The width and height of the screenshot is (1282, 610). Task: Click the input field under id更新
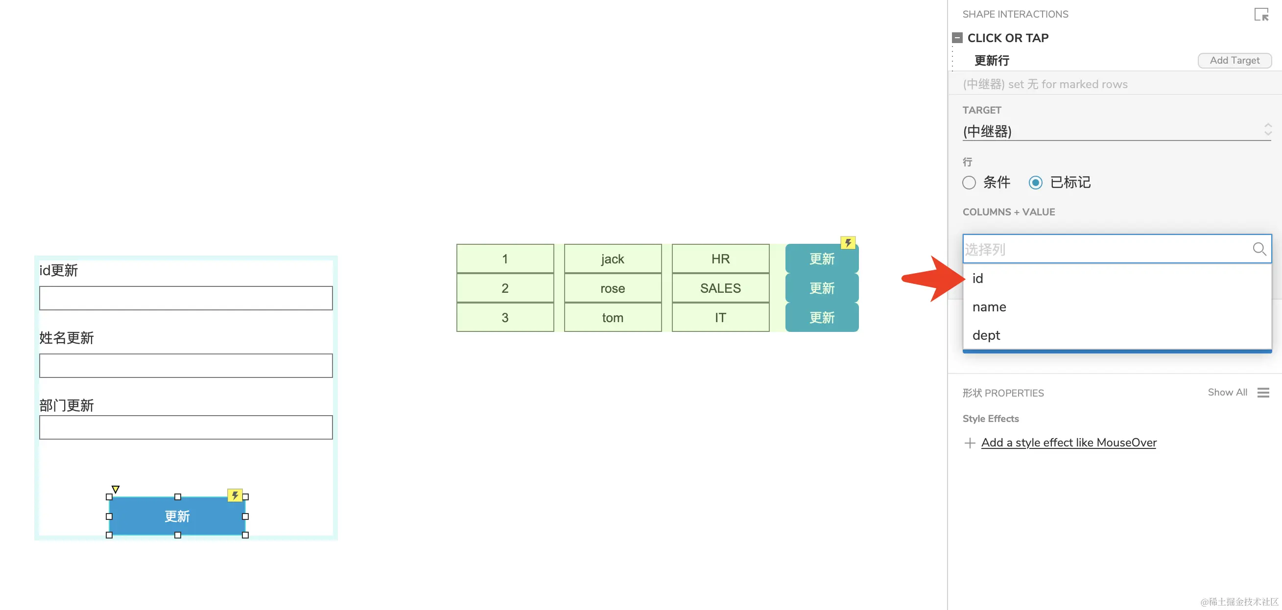186,298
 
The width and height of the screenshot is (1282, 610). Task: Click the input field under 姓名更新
186,366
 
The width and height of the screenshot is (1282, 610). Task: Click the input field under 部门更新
186,427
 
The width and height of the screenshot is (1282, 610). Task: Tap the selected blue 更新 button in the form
177,516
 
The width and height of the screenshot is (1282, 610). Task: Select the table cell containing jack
612,258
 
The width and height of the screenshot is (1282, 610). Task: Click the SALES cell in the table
720,288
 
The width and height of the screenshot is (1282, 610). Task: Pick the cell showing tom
612,317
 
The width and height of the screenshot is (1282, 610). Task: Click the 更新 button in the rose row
821,288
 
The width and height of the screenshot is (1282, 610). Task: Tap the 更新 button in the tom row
821,317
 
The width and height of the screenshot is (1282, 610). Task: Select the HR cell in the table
720,258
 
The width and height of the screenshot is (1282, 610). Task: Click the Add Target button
1234,60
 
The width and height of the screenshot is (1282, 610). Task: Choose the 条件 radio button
969,183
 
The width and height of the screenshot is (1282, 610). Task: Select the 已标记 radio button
1035,183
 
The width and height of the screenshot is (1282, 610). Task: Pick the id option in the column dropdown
977,279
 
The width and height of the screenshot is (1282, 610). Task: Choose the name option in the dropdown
989,307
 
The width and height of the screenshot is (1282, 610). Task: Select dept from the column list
986,335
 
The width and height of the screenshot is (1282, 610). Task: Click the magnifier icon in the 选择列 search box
1258,249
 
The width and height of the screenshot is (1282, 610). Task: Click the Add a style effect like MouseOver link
1068,443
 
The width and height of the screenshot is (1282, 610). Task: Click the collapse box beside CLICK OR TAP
956,38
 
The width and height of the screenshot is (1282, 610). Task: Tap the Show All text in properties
1227,393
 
